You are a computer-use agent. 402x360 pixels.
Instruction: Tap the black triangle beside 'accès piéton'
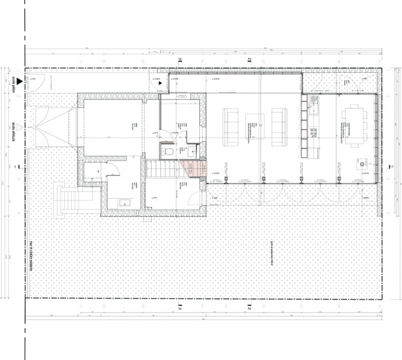[20, 82]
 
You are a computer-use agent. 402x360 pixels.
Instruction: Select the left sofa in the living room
[230, 126]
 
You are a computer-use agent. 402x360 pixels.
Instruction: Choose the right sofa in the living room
[279, 126]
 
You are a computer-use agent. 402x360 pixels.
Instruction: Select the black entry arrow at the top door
[160, 83]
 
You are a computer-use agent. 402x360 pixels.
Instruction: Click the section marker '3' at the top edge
[180, 60]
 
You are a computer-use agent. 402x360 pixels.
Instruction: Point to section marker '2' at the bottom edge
[249, 308]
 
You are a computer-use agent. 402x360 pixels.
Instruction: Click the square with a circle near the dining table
[362, 164]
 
